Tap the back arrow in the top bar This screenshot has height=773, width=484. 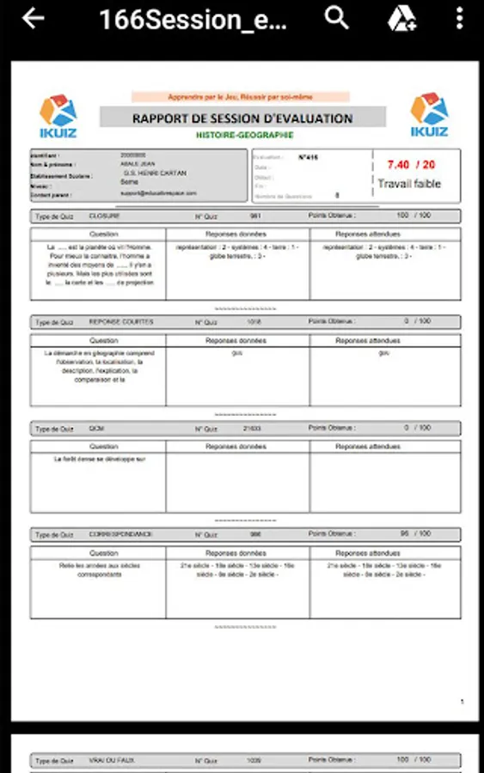[33, 19]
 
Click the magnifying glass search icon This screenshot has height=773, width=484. [336, 18]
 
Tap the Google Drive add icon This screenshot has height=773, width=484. [401, 18]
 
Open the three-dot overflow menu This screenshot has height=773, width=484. [460, 18]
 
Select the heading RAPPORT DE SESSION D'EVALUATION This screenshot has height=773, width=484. [242, 119]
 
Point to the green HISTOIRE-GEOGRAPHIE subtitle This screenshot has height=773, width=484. [244, 135]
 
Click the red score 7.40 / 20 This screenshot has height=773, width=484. [410, 164]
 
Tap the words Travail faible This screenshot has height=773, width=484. [409, 183]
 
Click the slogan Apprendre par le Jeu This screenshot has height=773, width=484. [241, 97]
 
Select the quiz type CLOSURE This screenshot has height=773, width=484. [104, 216]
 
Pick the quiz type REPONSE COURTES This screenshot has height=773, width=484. [121, 321]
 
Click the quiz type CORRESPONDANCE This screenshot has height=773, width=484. [120, 533]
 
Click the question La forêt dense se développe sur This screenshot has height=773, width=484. [99, 459]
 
